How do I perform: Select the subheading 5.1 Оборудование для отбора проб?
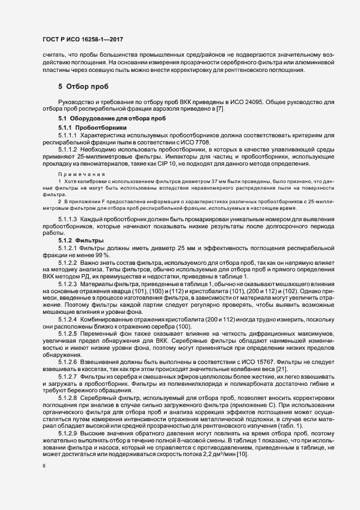tap(105, 118)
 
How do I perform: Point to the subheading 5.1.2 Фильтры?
tap(77, 240)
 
